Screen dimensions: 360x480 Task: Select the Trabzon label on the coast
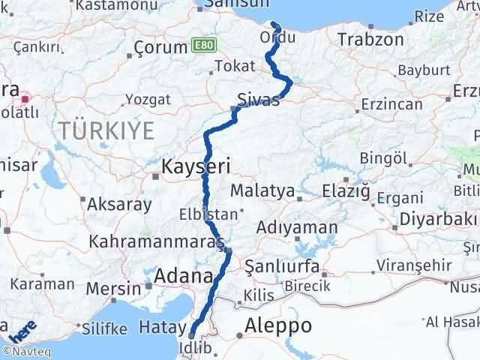(x=370, y=39)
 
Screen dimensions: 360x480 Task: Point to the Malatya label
(x=262, y=191)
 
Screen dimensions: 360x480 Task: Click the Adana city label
(x=183, y=277)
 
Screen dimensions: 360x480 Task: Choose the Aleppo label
(x=278, y=325)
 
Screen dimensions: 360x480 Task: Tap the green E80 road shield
(x=201, y=46)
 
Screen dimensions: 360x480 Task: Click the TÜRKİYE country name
(x=106, y=130)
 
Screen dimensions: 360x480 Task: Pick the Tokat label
(x=235, y=66)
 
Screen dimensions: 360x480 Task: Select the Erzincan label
(x=391, y=104)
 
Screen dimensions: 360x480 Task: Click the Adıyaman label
(x=296, y=226)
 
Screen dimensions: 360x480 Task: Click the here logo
(x=22, y=330)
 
